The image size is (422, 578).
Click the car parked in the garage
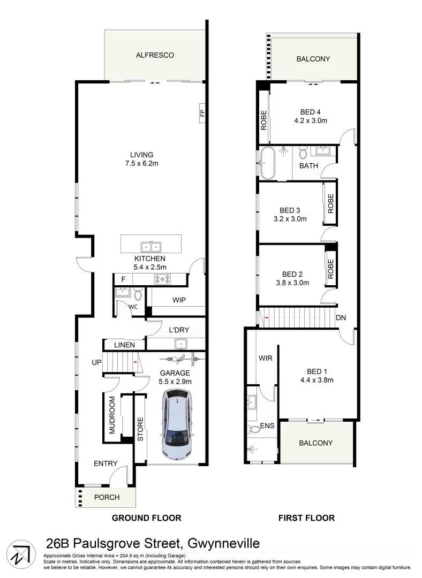click(177, 424)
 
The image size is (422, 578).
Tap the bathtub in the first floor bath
click(267, 163)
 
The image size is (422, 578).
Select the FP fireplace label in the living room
click(202, 113)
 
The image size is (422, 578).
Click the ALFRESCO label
click(155, 55)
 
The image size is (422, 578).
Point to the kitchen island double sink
click(151, 247)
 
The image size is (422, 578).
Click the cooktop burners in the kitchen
click(162, 279)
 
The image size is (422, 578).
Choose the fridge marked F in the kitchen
click(123, 279)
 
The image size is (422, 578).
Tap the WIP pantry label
click(179, 300)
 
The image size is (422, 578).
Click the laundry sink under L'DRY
click(181, 344)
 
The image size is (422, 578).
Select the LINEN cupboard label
click(124, 345)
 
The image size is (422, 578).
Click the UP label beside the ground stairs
click(96, 362)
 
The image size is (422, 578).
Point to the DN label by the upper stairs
click(341, 317)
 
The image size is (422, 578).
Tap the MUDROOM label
click(112, 415)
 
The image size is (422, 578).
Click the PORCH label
click(107, 497)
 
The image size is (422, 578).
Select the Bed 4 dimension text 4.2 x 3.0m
click(311, 120)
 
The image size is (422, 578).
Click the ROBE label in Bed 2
click(330, 269)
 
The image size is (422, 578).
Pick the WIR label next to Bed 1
click(266, 358)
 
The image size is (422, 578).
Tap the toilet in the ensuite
click(254, 429)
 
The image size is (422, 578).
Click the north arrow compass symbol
click(21, 554)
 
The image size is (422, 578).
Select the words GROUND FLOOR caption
click(146, 518)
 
